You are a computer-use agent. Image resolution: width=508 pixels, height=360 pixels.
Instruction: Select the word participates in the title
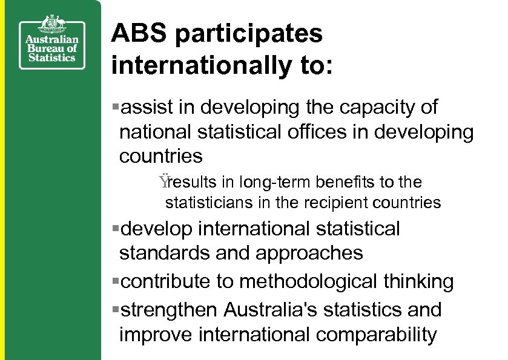pos(249,35)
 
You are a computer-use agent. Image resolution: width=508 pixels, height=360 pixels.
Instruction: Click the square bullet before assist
pos(116,108)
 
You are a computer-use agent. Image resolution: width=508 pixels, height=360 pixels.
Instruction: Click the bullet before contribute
pos(116,281)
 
